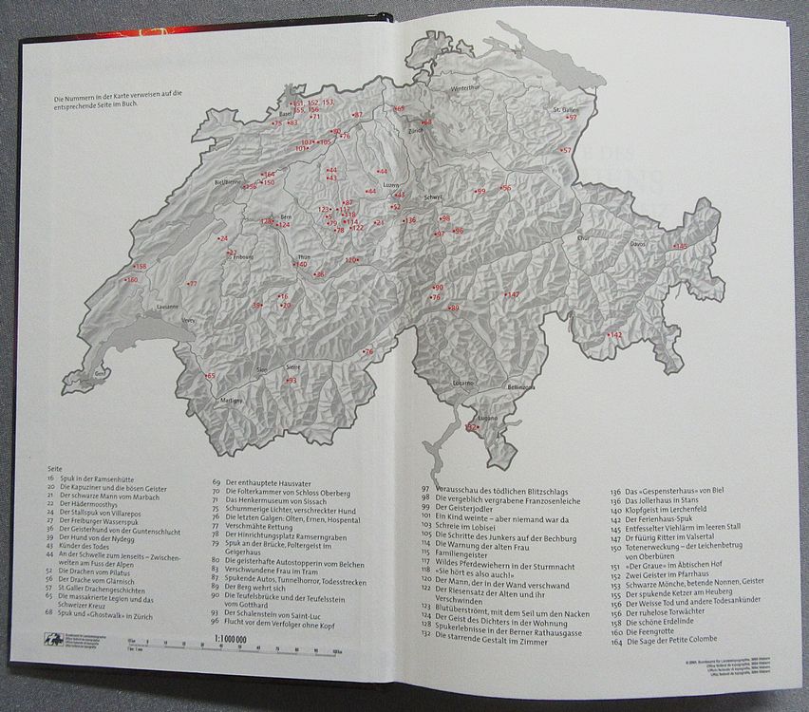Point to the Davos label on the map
pyautogui.click(x=637, y=244)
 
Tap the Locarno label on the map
pyautogui.click(x=463, y=382)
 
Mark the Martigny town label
pyautogui.click(x=232, y=401)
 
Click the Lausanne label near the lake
pyautogui.click(x=167, y=307)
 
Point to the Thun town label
pyautogui.click(x=304, y=257)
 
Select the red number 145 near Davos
pyautogui.click(x=681, y=247)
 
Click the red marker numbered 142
pyautogui.click(x=615, y=335)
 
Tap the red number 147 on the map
pyautogui.click(x=513, y=295)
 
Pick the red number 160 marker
pyautogui.click(x=131, y=280)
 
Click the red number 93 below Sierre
pyautogui.click(x=292, y=381)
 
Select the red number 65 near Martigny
pyautogui.click(x=210, y=377)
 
